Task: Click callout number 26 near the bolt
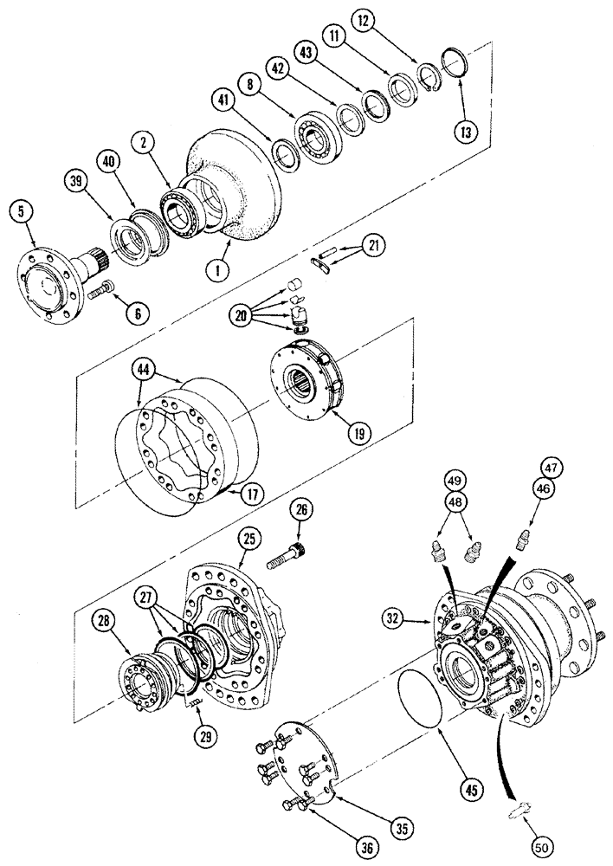coord(302,511)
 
